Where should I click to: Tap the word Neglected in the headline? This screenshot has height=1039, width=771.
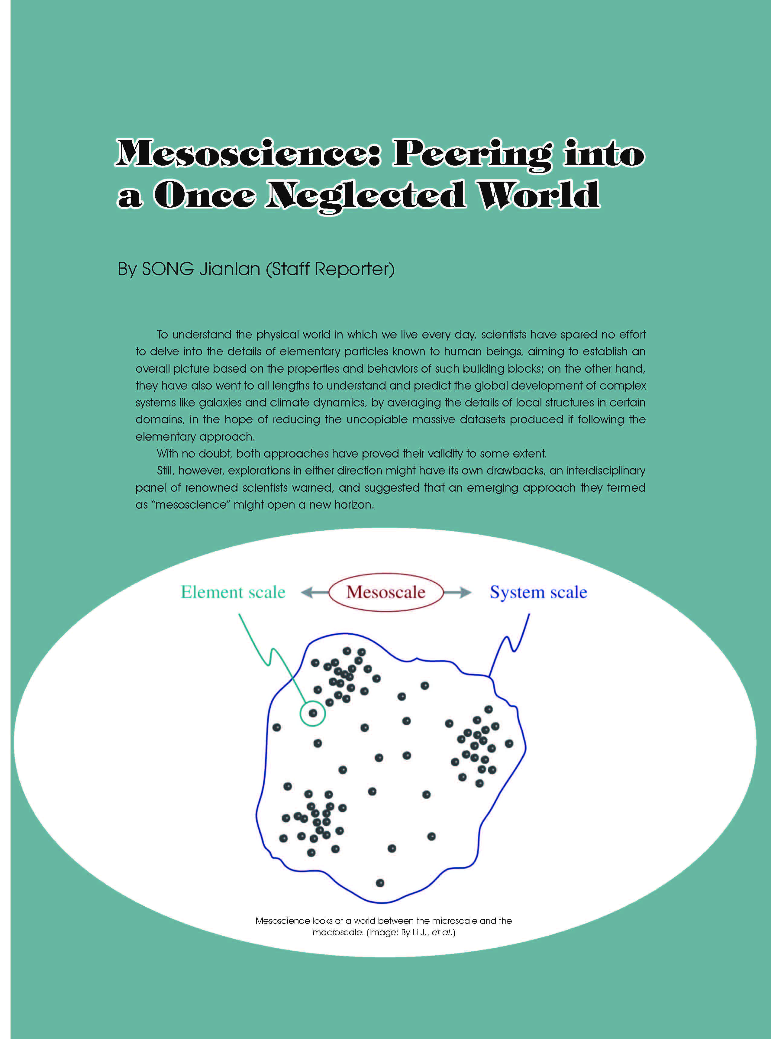click(x=366, y=196)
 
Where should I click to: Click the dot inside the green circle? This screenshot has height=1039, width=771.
click(x=313, y=713)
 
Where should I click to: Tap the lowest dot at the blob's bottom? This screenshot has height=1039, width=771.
click(x=380, y=883)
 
